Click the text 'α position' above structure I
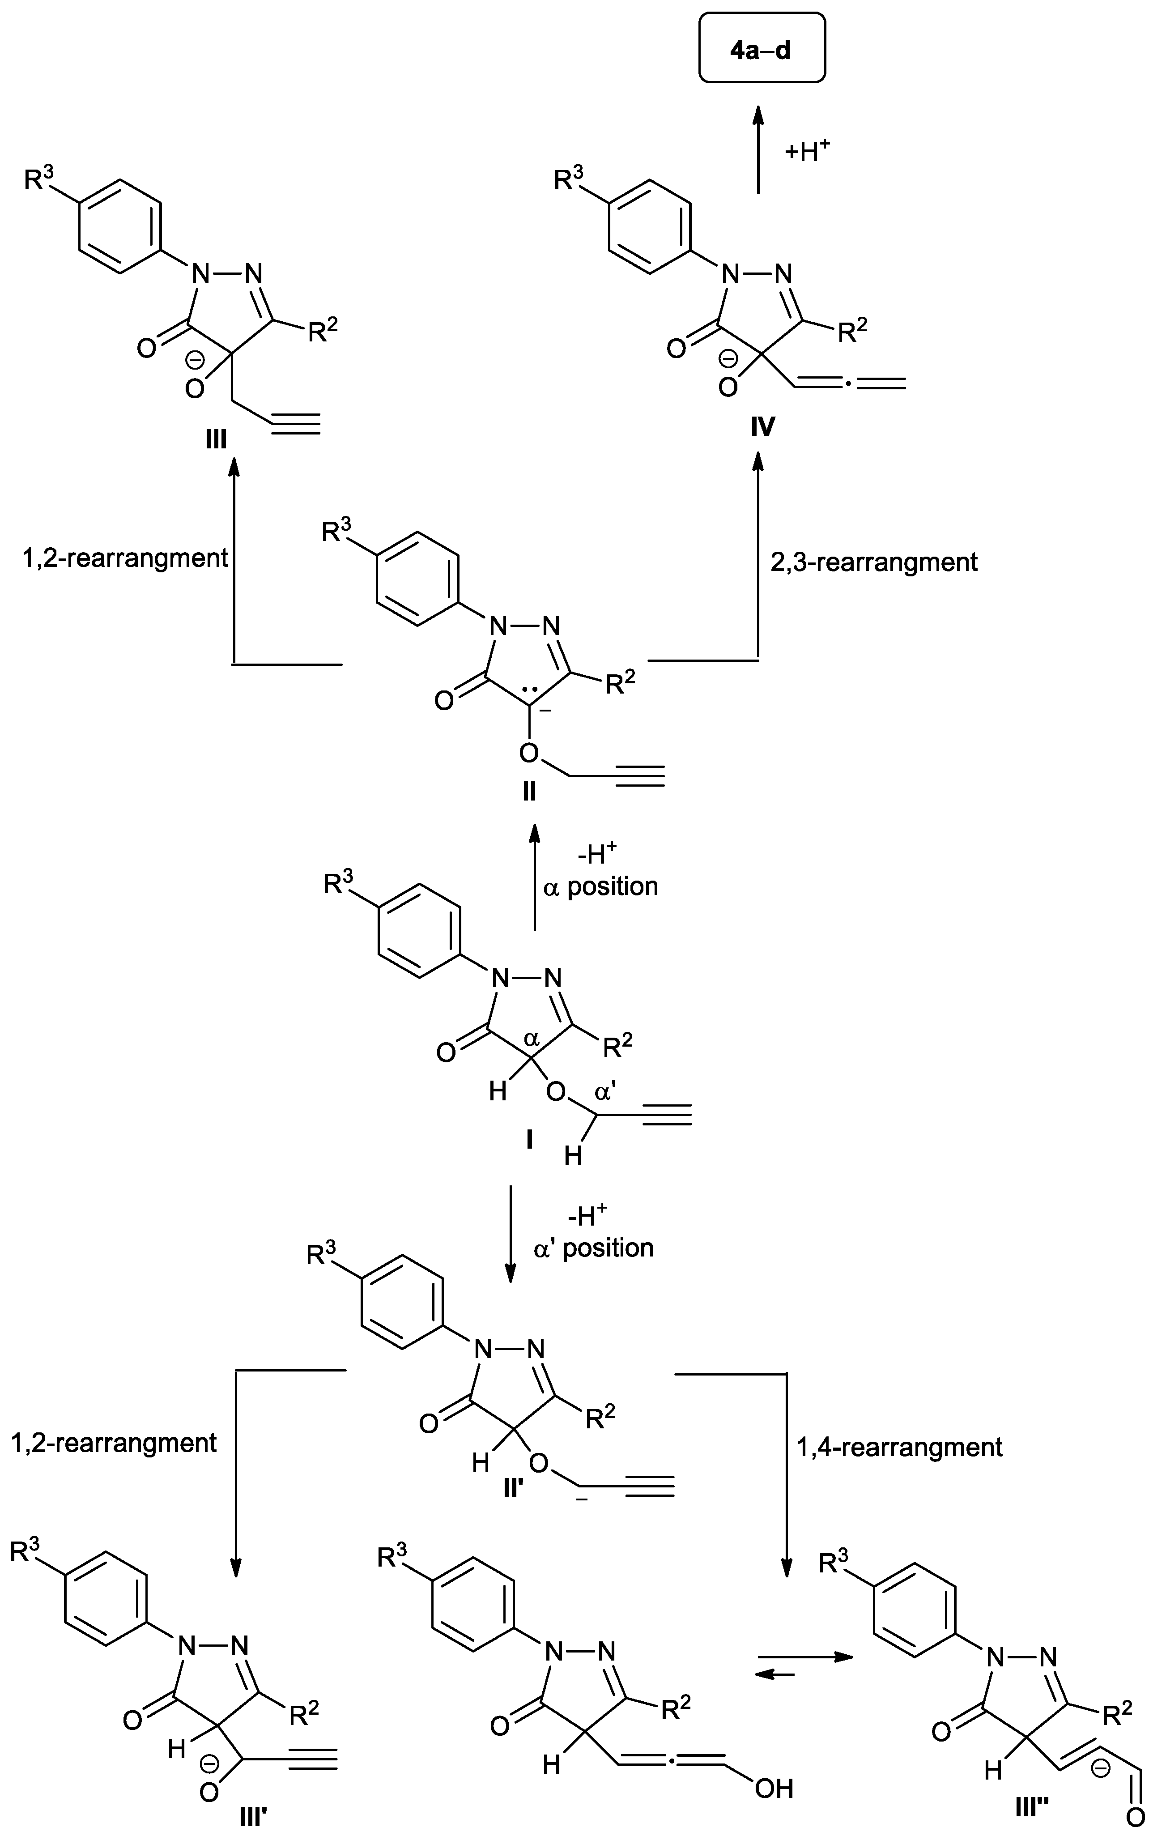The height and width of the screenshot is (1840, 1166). (600, 886)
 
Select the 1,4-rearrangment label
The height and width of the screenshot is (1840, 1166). (899, 1447)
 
